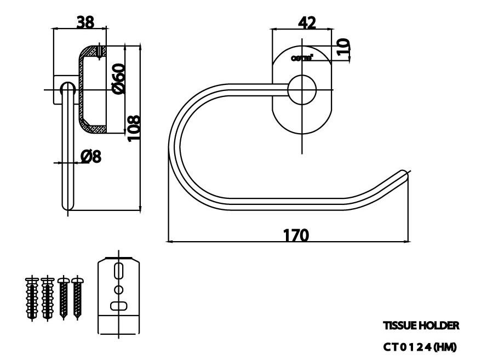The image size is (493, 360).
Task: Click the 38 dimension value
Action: pyautogui.click(x=85, y=22)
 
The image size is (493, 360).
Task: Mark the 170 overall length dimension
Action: pyautogui.click(x=296, y=235)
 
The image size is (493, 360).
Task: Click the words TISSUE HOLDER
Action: pyautogui.click(x=421, y=325)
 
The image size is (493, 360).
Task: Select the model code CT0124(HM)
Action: pyautogui.click(x=420, y=347)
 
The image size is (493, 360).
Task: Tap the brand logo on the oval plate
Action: pyautogui.click(x=302, y=57)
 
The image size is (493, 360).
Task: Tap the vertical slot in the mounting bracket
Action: pyautogui.click(x=118, y=272)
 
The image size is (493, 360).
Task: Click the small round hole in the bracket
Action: pyautogui.click(x=118, y=289)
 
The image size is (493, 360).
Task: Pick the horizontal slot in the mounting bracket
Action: pyautogui.click(x=118, y=306)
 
